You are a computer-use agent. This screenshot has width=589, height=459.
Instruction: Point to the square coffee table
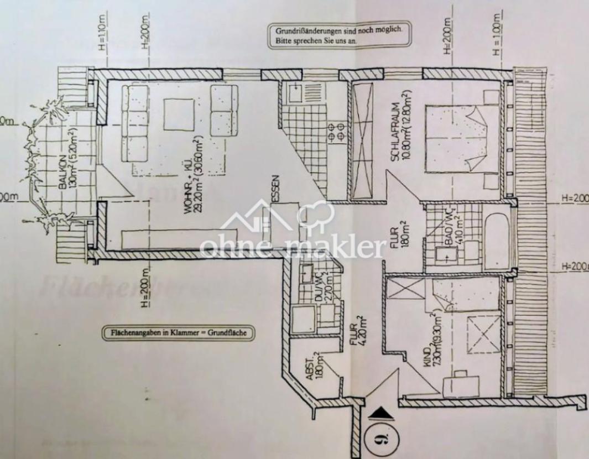click(x=179, y=114)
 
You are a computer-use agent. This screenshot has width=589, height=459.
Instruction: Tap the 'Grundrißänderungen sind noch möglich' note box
click(x=340, y=36)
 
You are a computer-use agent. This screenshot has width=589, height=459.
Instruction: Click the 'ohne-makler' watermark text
click(x=291, y=248)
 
